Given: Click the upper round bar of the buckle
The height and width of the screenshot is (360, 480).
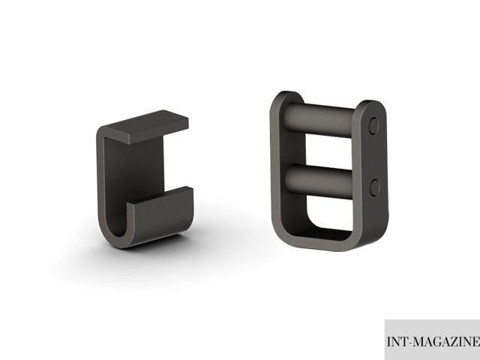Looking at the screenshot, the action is (x=319, y=120).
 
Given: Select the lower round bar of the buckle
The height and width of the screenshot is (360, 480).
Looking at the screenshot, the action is (x=318, y=181).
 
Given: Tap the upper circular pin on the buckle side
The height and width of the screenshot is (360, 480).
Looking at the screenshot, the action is (x=373, y=125).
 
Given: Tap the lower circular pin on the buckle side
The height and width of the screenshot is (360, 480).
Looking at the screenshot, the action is (x=375, y=187).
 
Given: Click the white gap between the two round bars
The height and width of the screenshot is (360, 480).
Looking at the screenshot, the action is (x=328, y=151).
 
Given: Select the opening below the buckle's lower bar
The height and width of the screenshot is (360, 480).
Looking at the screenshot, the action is (x=329, y=213).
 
